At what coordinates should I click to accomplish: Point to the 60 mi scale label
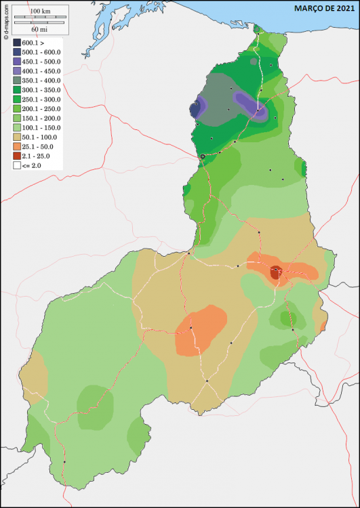pyautogui.click(x=39, y=30)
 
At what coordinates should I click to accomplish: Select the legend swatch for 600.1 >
pyautogui.click(x=17, y=43)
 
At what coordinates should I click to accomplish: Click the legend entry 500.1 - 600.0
pyautogui.click(x=41, y=52)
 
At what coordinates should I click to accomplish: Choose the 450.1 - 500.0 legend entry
pyautogui.click(x=41, y=62)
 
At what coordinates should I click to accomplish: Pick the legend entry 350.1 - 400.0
pyautogui.click(x=41, y=81)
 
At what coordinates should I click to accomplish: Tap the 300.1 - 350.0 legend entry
pyautogui.click(x=41, y=90)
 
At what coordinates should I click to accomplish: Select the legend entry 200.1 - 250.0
pyautogui.click(x=41, y=108)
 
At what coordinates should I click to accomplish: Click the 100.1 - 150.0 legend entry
pyautogui.click(x=41, y=127)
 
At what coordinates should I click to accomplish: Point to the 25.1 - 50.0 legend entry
pyautogui.click(x=38, y=146)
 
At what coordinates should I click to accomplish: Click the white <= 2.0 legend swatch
pyautogui.click(x=17, y=165)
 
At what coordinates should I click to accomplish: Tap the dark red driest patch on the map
pyautogui.click(x=275, y=272)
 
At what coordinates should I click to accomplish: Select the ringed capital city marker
pyautogui.click(x=202, y=156)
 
